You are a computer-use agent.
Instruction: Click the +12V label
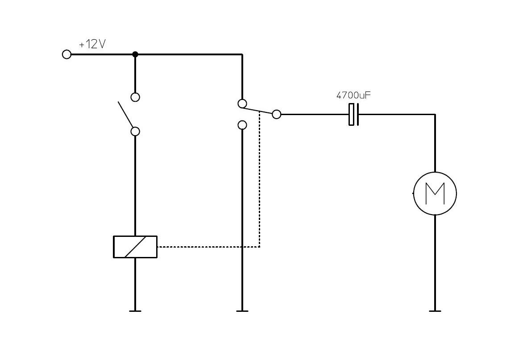click(92, 45)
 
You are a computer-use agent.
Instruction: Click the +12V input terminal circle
click(66, 54)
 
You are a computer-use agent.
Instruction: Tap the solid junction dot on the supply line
click(135, 54)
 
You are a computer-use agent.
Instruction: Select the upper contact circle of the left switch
click(135, 97)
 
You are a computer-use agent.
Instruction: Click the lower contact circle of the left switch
click(135, 131)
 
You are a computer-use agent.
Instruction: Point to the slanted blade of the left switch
click(125, 114)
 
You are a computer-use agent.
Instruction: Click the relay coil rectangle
click(135, 247)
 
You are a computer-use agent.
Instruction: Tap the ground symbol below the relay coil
click(135, 310)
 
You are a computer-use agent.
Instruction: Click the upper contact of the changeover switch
click(242, 104)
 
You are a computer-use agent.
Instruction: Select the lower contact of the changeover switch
click(242, 125)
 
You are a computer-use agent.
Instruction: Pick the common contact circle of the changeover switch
click(277, 114)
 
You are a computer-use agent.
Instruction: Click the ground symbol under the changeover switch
click(242, 310)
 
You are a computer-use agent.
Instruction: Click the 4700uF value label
click(353, 95)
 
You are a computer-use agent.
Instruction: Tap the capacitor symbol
click(353, 114)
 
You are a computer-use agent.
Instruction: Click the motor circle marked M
click(435, 194)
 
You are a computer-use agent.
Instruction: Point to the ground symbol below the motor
click(435, 310)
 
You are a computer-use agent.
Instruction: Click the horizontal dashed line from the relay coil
click(207, 247)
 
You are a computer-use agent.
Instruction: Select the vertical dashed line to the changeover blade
click(259, 178)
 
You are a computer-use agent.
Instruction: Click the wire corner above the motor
click(435, 115)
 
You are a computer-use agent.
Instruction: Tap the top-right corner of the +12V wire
click(242, 55)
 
